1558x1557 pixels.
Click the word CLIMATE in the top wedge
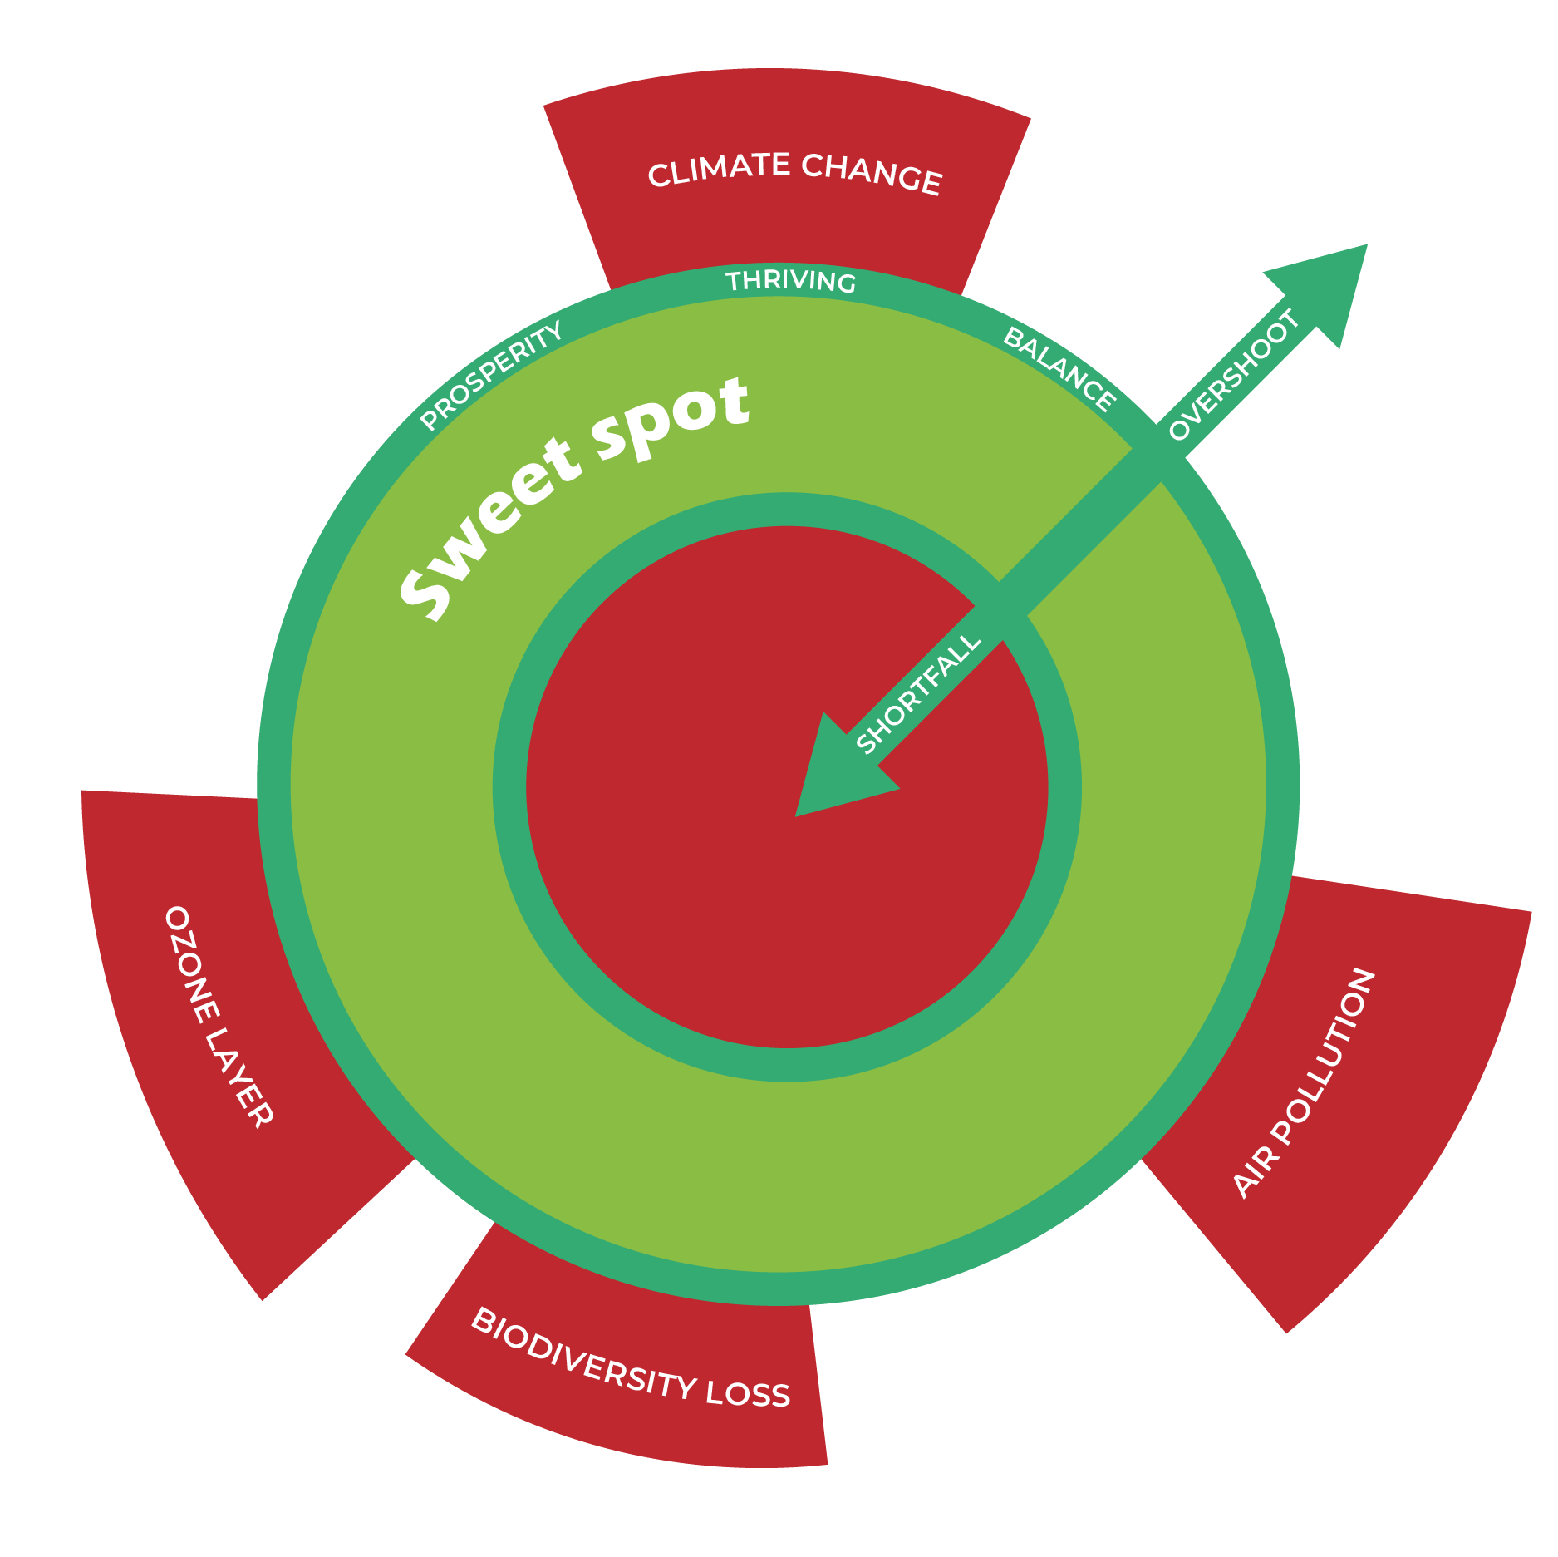[719, 170]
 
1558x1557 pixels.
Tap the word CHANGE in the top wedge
[872, 174]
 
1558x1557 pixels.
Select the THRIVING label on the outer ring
[790, 282]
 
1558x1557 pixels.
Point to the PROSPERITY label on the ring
[491, 376]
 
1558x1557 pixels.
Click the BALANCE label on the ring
[1059, 368]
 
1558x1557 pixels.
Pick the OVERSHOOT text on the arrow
[1233, 374]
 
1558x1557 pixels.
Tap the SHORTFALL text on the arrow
[918, 694]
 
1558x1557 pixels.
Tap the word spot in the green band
[673, 416]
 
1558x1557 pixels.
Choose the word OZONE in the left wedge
[192, 964]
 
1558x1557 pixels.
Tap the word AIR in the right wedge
[1246, 1173]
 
